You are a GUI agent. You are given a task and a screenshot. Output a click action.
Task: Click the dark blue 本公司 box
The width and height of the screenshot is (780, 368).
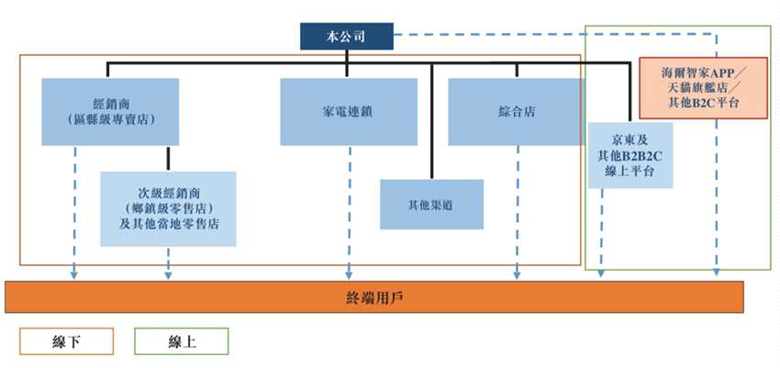[346, 36]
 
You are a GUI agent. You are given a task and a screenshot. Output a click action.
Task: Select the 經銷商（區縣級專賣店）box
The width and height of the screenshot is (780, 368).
[110, 111]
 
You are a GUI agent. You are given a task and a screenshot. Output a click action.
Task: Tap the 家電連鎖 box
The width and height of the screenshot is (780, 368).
[347, 111]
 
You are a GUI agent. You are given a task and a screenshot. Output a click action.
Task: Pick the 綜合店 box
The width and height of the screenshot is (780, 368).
[516, 111]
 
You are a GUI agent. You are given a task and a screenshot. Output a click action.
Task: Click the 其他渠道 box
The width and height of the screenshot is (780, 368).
[431, 204]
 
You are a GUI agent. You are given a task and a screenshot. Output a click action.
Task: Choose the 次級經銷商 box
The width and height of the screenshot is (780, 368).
[168, 208]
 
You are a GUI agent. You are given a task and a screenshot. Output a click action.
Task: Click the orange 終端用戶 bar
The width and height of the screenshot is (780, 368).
[373, 296]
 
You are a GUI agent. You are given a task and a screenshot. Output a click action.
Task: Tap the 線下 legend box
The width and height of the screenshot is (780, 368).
[66, 341]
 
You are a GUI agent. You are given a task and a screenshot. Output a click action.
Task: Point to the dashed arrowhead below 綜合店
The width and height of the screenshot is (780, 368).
[518, 273]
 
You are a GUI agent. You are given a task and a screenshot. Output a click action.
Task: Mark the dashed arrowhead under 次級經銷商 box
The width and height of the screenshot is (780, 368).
[168, 273]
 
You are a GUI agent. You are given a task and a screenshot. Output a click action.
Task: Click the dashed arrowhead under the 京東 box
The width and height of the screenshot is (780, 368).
[601, 273]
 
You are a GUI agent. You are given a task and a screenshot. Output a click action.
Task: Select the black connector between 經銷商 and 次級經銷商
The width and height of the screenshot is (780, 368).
[168, 158]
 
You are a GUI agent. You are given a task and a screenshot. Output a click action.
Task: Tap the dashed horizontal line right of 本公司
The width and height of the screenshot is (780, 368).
[551, 36]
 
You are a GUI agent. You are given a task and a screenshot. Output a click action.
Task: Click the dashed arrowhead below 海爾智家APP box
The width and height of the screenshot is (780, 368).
[718, 273]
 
